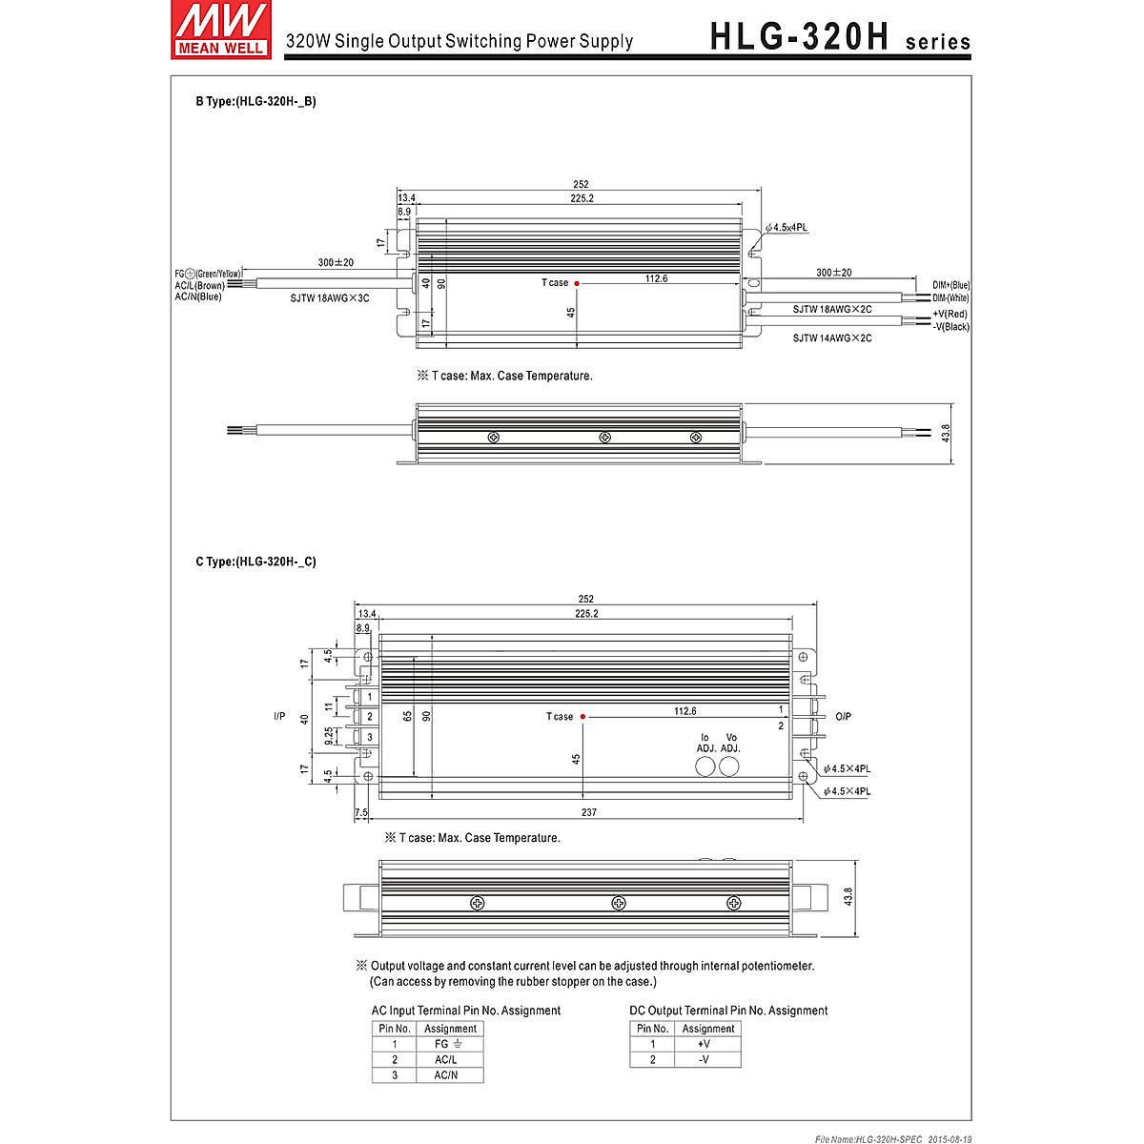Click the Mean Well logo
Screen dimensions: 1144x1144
219,30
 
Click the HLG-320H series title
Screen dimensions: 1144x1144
840,37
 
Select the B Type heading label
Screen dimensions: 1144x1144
255,101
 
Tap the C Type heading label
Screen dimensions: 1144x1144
255,562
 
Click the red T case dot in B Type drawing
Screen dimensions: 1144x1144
578,283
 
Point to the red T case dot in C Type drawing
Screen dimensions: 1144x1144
582,717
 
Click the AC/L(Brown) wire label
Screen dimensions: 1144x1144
199,285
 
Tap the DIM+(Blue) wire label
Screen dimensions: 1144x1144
950,285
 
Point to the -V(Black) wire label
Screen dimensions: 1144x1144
950,327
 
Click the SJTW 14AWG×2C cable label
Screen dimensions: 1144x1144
831,338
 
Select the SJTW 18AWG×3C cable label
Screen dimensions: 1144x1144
329,298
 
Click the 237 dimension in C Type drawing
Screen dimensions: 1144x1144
588,812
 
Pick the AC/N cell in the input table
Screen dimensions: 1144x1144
446,1074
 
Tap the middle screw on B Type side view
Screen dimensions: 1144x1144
604,438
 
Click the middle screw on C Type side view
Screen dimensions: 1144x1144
618,903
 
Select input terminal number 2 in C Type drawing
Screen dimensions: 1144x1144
369,717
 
